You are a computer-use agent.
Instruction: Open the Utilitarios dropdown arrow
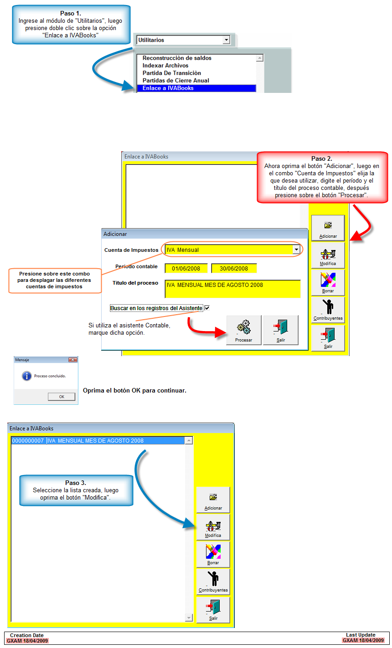227,40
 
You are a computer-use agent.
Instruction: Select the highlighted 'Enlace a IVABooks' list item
196,88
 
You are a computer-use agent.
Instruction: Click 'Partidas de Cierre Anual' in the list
176,81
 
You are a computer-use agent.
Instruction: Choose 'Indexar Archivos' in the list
165,66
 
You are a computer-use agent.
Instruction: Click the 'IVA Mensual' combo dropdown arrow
296,250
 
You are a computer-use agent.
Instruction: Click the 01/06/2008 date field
186,269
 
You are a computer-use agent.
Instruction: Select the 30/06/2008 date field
234,269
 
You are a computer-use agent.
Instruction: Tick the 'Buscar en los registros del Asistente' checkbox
207,308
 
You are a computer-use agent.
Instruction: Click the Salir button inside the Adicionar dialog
281,330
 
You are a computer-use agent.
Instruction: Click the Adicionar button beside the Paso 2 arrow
328,228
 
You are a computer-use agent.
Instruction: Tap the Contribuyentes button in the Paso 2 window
328,310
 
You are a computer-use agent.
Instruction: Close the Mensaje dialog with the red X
72,360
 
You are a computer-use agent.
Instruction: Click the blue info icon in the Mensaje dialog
26,376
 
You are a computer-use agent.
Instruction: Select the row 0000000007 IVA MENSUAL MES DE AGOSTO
98,441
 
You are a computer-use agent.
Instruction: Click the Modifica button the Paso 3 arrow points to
213,527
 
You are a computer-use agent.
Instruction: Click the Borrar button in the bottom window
213,555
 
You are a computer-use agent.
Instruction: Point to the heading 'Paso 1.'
71,13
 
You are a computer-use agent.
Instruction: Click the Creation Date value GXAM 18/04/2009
27,641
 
